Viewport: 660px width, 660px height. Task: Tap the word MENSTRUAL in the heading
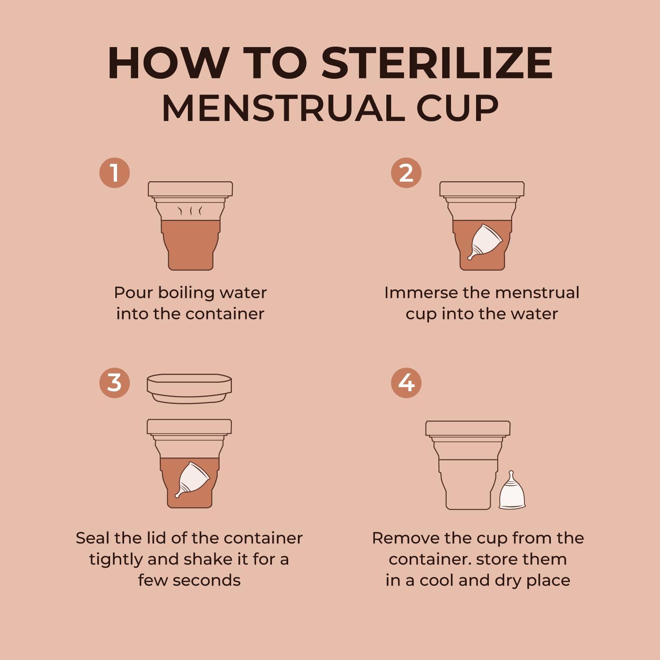(283, 108)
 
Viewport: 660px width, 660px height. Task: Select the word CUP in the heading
(458, 108)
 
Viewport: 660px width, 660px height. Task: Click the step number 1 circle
(114, 172)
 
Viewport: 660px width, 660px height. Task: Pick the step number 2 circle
(406, 172)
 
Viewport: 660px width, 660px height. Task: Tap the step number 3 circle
(114, 383)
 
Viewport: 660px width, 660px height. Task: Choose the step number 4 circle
(406, 383)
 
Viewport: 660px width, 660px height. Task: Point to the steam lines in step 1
(190, 211)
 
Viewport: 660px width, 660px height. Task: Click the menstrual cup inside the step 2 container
(484, 242)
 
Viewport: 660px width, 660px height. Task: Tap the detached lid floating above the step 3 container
(189, 389)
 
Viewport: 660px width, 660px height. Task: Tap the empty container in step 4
(468, 465)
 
